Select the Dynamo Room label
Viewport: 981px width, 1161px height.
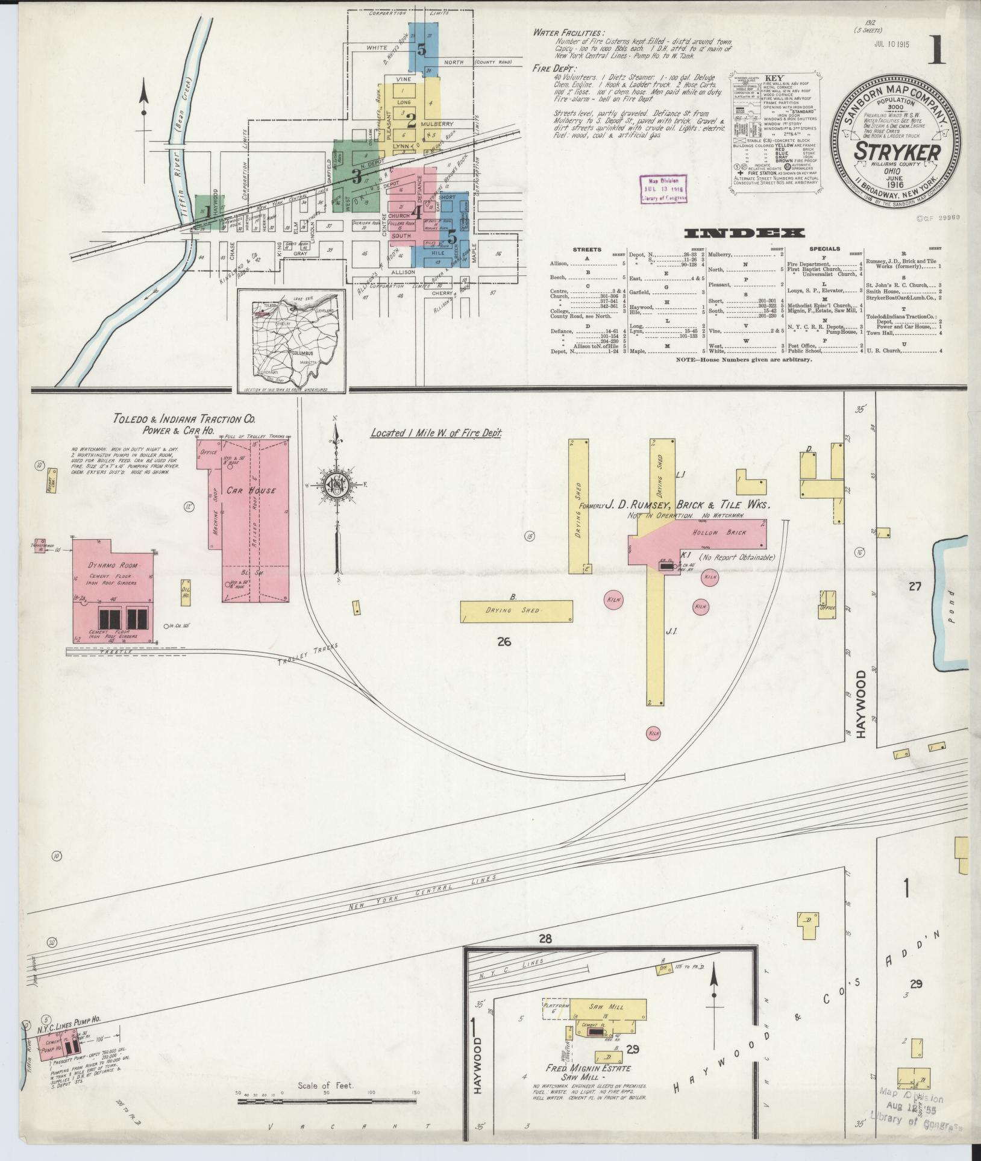[x=113, y=566]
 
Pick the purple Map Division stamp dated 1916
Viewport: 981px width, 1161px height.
[x=663, y=189]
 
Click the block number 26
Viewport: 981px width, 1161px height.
[x=504, y=642]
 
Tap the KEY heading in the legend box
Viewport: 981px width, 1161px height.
[x=774, y=78]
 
